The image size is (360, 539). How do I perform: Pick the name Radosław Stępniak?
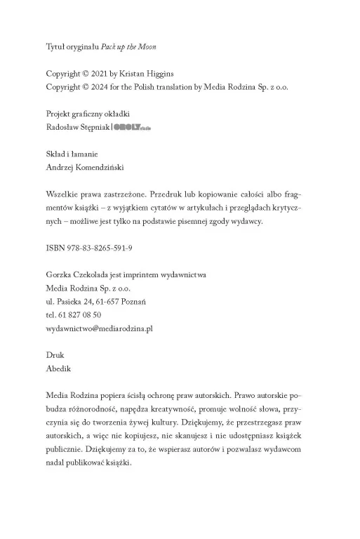coord(77,128)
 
